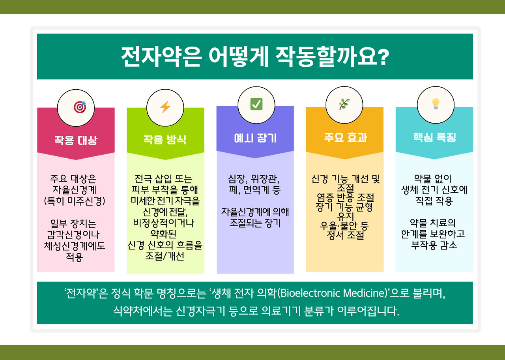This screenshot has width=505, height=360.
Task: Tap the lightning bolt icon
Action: pyautogui.click(x=165, y=107)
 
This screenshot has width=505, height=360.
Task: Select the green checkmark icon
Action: pyautogui.click(x=256, y=105)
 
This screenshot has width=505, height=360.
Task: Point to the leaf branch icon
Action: pyautogui.click(x=344, y=105)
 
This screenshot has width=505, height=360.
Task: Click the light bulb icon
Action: pyautogui.click(x=435, y=104)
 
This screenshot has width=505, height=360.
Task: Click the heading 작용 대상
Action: pyautogui.click(x=76, y=140)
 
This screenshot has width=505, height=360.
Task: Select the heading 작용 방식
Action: pyautogui.click(x=165, y=140)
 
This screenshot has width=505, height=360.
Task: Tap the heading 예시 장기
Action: pyautogui.click(x=255, y=138)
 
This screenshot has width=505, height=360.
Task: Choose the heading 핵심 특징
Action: pyautogui.click(x=434, y=137)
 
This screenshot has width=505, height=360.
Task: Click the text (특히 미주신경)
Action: pyautogui.click(x=75, y=201)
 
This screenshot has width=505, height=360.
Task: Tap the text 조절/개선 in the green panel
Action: pyautogui.click(x=165, y=256)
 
